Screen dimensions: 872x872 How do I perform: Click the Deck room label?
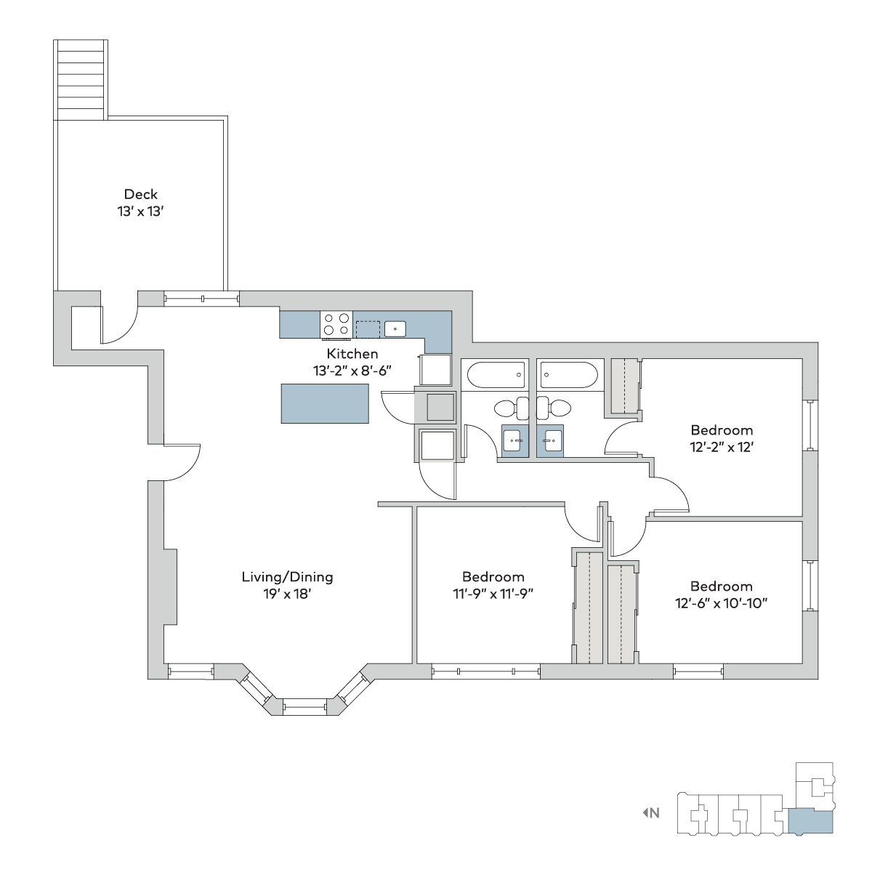141,195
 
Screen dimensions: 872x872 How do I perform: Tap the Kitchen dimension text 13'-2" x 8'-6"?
352,371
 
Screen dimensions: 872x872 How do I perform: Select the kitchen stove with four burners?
336,324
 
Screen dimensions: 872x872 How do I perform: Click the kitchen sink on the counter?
395,329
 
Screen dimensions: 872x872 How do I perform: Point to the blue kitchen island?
325,403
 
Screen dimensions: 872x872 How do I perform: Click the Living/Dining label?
287,577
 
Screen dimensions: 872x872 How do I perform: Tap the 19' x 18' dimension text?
287,594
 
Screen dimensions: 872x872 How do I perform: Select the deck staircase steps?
81,80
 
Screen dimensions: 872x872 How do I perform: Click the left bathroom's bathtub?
496,375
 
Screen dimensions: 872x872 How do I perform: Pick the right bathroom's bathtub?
569,375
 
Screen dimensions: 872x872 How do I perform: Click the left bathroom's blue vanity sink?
515,441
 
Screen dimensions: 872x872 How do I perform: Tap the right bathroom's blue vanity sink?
550,441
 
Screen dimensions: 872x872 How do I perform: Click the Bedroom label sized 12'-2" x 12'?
722,430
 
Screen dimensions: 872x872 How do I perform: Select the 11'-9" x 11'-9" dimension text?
493,594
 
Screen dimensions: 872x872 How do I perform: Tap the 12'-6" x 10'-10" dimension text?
722,604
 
